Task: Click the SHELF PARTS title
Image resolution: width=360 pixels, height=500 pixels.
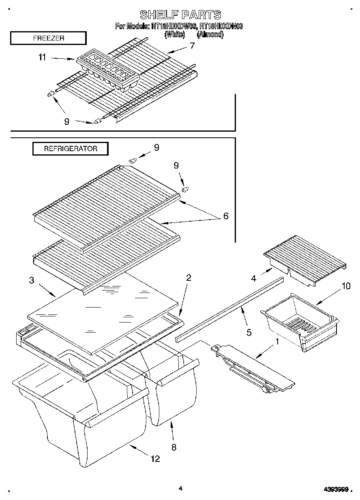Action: coord(180,15)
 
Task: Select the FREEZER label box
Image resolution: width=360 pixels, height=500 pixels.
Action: coord(48,38)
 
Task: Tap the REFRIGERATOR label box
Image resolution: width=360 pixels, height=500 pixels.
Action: coord(71,149)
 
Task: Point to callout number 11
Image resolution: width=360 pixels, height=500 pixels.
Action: coord(42,58)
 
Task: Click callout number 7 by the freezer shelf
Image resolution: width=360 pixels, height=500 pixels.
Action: coord(192,46)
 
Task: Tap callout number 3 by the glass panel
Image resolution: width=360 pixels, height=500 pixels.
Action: coord(31,280)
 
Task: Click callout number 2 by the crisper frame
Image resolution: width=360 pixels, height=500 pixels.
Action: coord(189,278)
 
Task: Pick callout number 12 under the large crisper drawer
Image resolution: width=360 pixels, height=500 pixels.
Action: coord(155,459)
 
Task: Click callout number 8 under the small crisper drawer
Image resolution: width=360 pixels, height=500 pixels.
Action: coord(174,447)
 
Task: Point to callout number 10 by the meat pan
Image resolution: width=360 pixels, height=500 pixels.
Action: coord(345,286)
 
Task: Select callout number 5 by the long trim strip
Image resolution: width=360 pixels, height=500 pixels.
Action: coord(249,333)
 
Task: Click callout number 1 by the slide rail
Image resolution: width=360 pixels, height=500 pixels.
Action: coord(277,342)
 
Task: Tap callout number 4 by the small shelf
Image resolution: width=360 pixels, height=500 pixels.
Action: coord(254,278)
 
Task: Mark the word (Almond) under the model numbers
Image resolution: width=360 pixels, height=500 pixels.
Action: coord(210,34)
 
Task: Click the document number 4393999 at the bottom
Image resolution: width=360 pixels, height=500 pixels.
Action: coord(336,489)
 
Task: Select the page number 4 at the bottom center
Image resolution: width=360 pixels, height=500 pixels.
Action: coord(180,489)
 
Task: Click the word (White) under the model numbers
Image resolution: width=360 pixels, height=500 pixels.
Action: coord(174,34)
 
